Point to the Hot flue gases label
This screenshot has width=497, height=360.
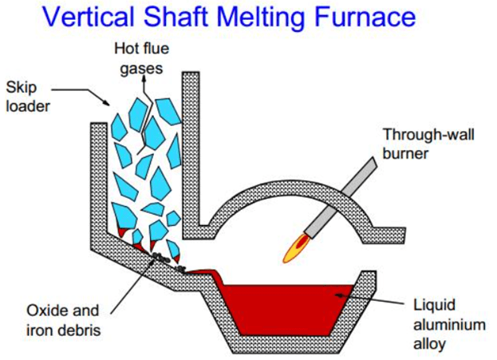(141, 59)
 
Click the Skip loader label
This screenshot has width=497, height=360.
(28, 97)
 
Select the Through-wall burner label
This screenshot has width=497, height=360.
(428, 144)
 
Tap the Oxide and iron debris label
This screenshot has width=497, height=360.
(63, 321)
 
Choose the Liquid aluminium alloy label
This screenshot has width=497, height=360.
(449, 324)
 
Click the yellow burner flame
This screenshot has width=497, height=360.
(294, 248)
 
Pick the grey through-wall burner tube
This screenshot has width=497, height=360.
(341, 197)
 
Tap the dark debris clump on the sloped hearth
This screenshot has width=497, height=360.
(160, 256)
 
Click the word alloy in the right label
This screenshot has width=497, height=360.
(429, 343)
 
